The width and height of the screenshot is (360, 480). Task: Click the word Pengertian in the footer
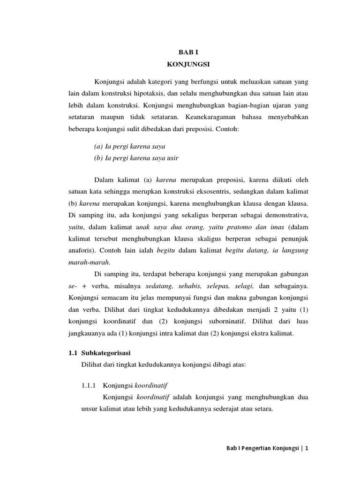[256, 449]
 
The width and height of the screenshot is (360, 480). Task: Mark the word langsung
[293, 251]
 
